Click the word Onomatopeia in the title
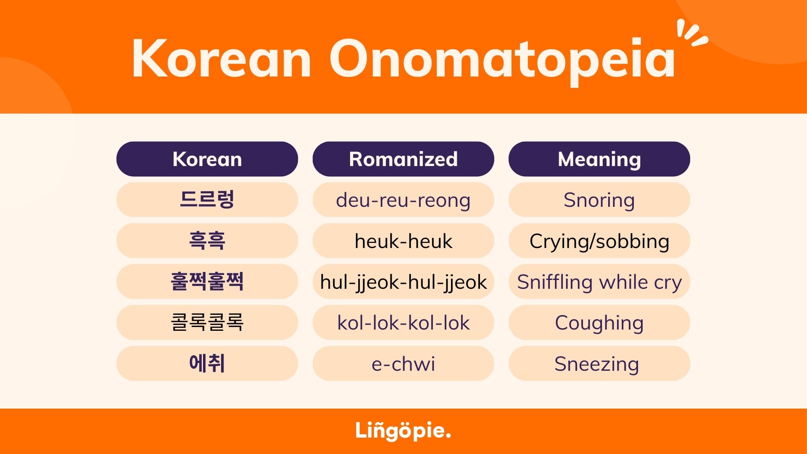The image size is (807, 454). point(502,61)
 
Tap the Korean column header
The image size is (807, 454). point(207,159)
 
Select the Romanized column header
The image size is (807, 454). point(403,159)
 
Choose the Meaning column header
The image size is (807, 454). point(599,159)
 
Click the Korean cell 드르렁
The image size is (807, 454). point(207,200)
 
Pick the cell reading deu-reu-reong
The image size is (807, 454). point(403,200)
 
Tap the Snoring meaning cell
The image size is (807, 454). point(599,200)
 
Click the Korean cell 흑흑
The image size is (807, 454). point(207,240)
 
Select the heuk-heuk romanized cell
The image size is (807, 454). point(403,240)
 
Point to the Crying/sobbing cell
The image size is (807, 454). point(599,240)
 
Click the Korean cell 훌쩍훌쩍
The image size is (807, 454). point(207,282)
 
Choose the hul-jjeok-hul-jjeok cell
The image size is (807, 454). point(403,282)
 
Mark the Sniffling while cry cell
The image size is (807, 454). point(599,282)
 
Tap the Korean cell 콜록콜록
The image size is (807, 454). point(207,322)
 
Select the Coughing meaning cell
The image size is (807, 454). point(599,322)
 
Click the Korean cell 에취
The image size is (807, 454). point(207,363)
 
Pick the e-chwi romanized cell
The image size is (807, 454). point(403,363)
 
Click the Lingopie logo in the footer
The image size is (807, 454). point(403,431)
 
